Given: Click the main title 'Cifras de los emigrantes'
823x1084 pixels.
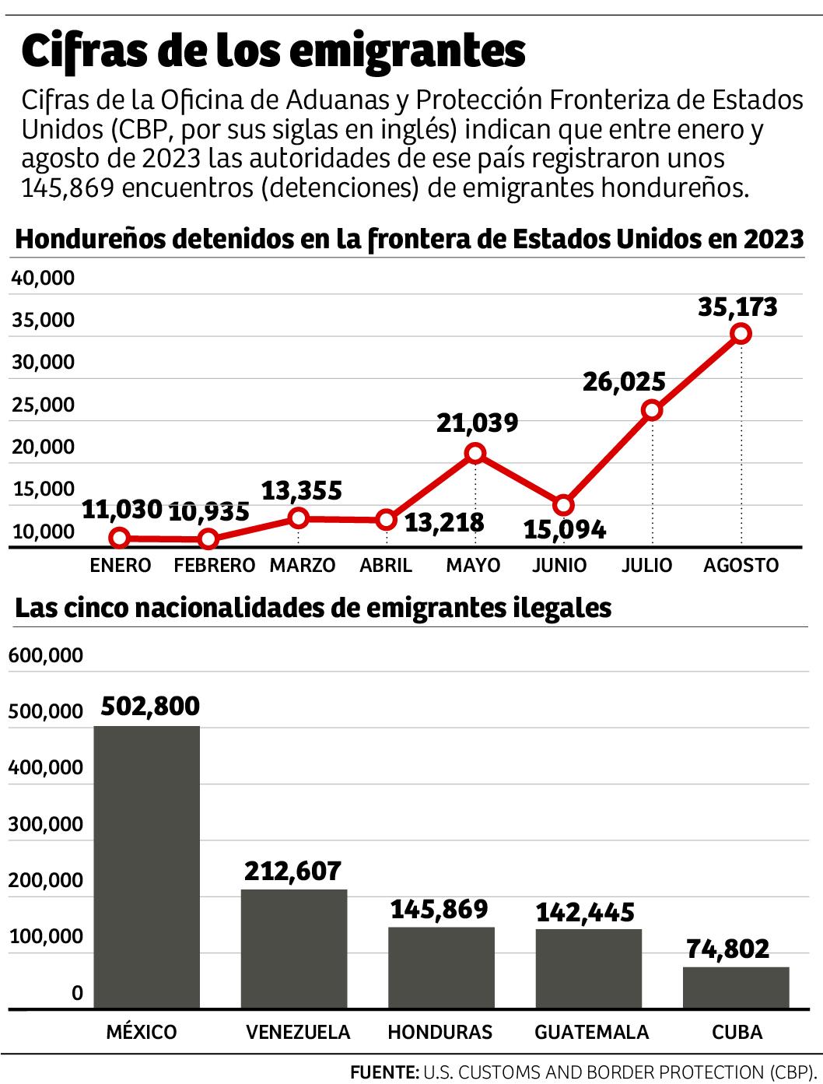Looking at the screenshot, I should (274, 51).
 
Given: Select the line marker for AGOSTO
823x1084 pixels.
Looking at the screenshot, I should (741, 334).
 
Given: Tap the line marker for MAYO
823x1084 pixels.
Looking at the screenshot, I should (475, 454).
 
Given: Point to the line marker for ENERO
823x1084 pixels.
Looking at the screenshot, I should (120, 538).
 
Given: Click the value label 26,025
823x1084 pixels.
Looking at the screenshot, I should (625, 381).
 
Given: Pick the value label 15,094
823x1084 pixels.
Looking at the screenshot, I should (564, 530).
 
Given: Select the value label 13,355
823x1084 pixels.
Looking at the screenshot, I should (301, 490).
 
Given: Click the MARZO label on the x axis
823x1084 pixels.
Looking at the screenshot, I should (302, 565).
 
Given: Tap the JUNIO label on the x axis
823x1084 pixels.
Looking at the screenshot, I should (559, 565).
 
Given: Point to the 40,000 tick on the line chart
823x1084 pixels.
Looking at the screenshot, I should (44, 278).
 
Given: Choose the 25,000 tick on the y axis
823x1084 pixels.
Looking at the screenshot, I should (44, 405).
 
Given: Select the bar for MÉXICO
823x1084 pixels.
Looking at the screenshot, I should (147, 867).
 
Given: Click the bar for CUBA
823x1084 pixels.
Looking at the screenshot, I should (736, 988).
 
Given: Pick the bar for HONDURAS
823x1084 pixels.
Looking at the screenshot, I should (441, 967).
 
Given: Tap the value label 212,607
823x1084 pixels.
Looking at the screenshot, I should (292, 871).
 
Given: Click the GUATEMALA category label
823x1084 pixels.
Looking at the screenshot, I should (591, 1032).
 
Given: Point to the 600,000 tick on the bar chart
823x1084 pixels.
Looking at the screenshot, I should (46, 655).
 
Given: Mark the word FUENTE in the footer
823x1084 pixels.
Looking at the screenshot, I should (383, 1072).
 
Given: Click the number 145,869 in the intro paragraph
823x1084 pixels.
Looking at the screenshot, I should (67, 188).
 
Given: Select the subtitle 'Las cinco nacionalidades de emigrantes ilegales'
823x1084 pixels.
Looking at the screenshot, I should (313, 608).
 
